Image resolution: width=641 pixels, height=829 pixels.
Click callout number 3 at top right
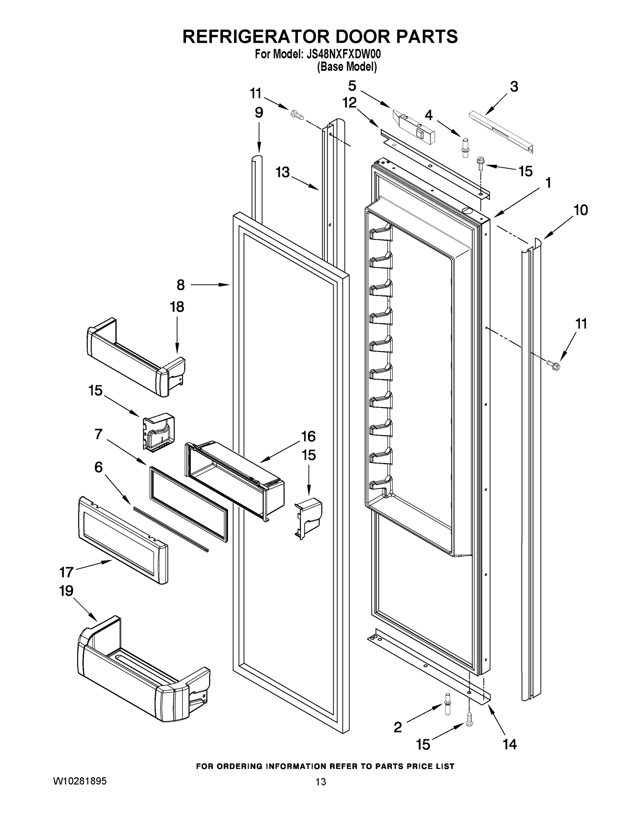pos(513,87)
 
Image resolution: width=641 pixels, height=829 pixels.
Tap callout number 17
pos(66,572)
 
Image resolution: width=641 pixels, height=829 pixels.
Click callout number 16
pos(308,436)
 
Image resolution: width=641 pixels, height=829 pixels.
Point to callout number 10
pos(580,210)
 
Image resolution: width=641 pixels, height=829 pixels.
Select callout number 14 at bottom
pos(509,744)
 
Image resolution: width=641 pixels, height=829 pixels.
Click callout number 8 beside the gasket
pos(180,285)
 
